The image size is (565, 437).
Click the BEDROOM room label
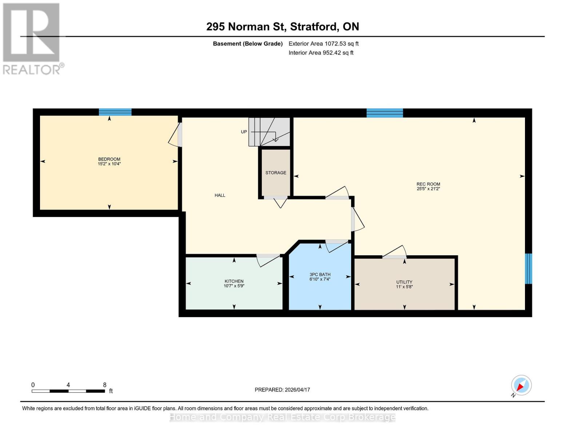click(x=109, y=159)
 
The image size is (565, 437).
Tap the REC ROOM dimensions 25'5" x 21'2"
click(x=428, y=189)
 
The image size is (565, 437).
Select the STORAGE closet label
click(x=275, y=173)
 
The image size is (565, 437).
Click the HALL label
click(x=220, y=195)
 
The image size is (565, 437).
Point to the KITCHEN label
click(x=234, y=281)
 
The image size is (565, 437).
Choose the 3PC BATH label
click(x=320, y=275)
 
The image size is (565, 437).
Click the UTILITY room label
click(x=404, y=282)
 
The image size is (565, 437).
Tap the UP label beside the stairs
click(x=244, y=132)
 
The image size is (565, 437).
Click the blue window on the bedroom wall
click(x=115, y=112)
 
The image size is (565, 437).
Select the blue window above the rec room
click(x=385, y=113)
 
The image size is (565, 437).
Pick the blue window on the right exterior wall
click(x=528, y=269)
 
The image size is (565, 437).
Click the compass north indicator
click(x=521, y=385)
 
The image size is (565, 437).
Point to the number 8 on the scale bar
click(x=105, y=385)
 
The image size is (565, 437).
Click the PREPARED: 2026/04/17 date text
click(x=282, y=390)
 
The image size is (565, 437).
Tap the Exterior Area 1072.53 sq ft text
click(x=323, y=44)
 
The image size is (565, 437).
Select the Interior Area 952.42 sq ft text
click(x=321, y=53)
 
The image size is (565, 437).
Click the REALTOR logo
click(x=32, y=39)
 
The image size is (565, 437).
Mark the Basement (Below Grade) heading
click(x=248, y=44)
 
